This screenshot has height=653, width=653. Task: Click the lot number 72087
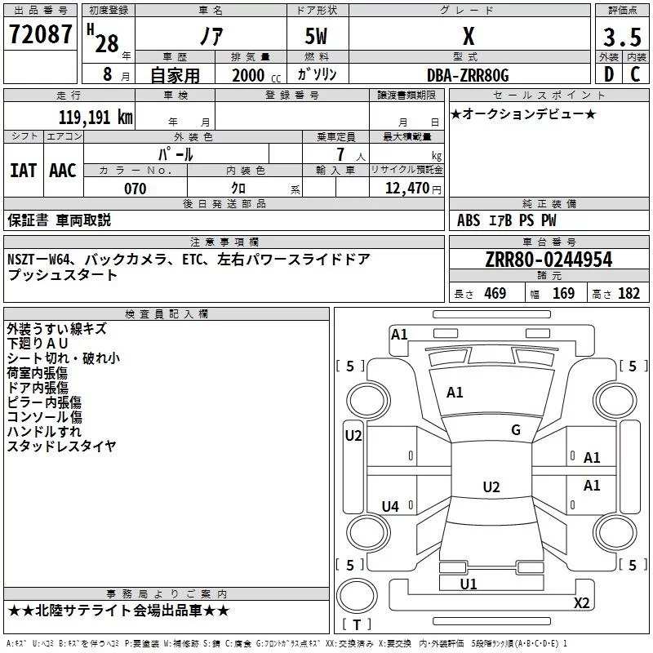(40, 33)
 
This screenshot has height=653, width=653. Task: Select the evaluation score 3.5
(622, 38)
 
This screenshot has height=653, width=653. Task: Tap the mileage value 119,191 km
(96, 118)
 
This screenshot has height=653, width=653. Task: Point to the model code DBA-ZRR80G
(468, 75)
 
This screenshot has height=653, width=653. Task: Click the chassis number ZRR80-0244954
(549, 260)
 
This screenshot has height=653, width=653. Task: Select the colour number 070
(135, 189)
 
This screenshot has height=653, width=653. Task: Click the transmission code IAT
(23, 171)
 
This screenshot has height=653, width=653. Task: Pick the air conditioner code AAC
(63, 171)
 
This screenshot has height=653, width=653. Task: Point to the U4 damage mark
(390, 506)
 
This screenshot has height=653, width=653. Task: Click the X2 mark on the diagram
(581, 602)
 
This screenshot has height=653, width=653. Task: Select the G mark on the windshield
(516, 430)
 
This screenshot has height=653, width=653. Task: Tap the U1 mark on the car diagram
(468, 584)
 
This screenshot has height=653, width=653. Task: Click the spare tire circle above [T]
(357, 596)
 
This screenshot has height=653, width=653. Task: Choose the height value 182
(629, 293)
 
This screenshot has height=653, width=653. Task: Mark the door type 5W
(316, 36)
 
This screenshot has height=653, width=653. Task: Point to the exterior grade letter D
(609, 74)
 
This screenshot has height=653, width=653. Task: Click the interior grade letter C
(635, 74)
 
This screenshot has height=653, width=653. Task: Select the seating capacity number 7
(340, 154)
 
